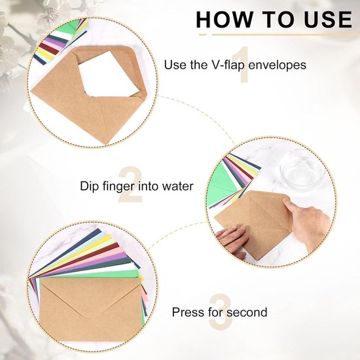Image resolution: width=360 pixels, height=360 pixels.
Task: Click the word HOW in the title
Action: click(x=224, y=19)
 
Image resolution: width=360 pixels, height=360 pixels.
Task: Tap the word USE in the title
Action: click(x=328, y=19)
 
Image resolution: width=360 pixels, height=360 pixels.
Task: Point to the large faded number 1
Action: click(x=241, y=64)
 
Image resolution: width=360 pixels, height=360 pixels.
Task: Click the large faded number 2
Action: click(x=130, y=185)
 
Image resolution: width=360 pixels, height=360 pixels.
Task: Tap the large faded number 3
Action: click(x=221, y=312)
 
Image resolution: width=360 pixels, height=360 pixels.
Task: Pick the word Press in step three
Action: click(x=189, y=312)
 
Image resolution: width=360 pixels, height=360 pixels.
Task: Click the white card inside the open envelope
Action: click(x=108, y=75)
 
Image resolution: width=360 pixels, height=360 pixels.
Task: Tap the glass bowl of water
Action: click(x=302, y=170)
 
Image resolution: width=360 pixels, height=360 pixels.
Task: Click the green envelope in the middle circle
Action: click(x=221, y=184)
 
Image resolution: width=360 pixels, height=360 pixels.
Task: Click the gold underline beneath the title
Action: click(x=279, y=35)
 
